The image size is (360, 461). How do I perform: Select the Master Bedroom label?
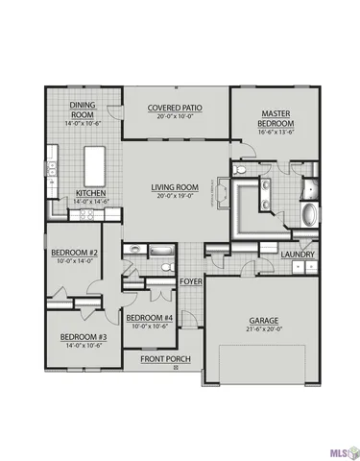(x=270, y=118)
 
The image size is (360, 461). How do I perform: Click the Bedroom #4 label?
(x=149, y=318)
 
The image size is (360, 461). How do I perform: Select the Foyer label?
(x=191, y=280)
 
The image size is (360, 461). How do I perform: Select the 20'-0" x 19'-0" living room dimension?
(x=174, y=195)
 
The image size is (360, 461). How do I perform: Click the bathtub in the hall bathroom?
(x=163, y=265)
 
